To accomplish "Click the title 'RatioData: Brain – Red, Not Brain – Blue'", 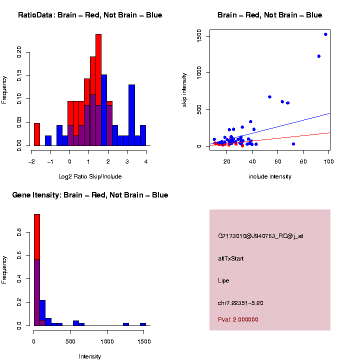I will coord(90,15).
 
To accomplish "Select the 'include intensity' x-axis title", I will coord(270,176).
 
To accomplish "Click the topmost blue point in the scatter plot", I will coord(325,34).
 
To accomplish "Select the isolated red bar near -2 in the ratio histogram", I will coord(36,134).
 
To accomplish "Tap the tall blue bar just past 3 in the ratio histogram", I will coord(131,115).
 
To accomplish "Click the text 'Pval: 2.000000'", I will coord(238,319).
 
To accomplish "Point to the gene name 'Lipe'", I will coord(223,280).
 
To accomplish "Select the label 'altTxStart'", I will coord(231,258).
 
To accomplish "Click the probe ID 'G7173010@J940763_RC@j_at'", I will coord(260,236).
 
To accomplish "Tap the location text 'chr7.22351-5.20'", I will coord(240,303).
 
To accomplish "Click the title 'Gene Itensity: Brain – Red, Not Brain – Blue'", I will coord(90,195).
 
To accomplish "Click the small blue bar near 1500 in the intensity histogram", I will coord(143,324).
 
